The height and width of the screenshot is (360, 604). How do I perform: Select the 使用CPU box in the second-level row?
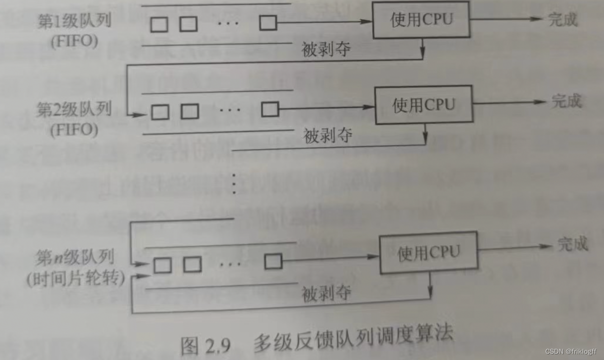pos(423,105)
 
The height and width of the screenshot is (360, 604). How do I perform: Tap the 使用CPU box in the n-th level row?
pos(428,252)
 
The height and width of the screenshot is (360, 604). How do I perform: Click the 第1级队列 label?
pos(74,22)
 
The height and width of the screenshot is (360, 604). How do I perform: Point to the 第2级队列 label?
pos(74,110)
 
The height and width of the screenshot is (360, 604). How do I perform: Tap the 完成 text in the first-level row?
pos(563,20)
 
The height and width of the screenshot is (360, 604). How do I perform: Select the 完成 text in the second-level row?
pos(566,101)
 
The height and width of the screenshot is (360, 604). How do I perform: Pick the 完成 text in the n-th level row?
pos(573,245)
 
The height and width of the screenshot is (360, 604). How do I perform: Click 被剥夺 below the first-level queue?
pos(326,49)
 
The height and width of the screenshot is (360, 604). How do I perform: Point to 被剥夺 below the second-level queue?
pos(328,136)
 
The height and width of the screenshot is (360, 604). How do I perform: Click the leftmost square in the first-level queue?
pos(159,24)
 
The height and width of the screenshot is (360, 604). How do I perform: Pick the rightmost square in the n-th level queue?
pos(273,261)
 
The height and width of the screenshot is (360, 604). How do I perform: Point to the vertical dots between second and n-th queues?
pos(233,183)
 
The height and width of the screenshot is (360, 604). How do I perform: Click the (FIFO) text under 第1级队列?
pos(74,42)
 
